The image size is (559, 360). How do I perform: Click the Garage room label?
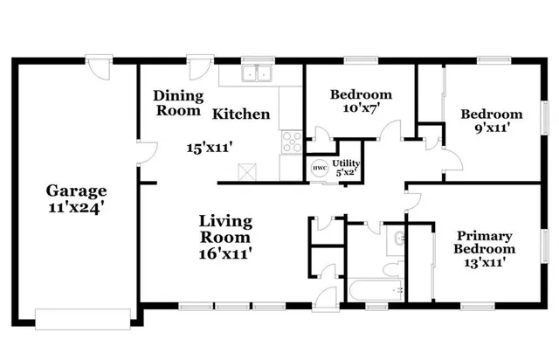(x=76, y=190)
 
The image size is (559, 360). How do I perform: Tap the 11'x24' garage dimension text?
(x=76, y=209)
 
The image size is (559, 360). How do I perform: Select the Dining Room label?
(x=178, y=103)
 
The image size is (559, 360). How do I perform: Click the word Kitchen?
(x=242, y=114)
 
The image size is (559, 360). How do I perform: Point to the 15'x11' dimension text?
(x=207, y=148)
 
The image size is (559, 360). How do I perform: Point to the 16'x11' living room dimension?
(x=224, y=253)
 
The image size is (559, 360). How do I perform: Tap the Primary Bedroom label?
(x=485, y=242)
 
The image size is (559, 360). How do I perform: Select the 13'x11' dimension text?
(x=485, y=261)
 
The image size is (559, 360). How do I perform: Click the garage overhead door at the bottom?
(x=85, y=317)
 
